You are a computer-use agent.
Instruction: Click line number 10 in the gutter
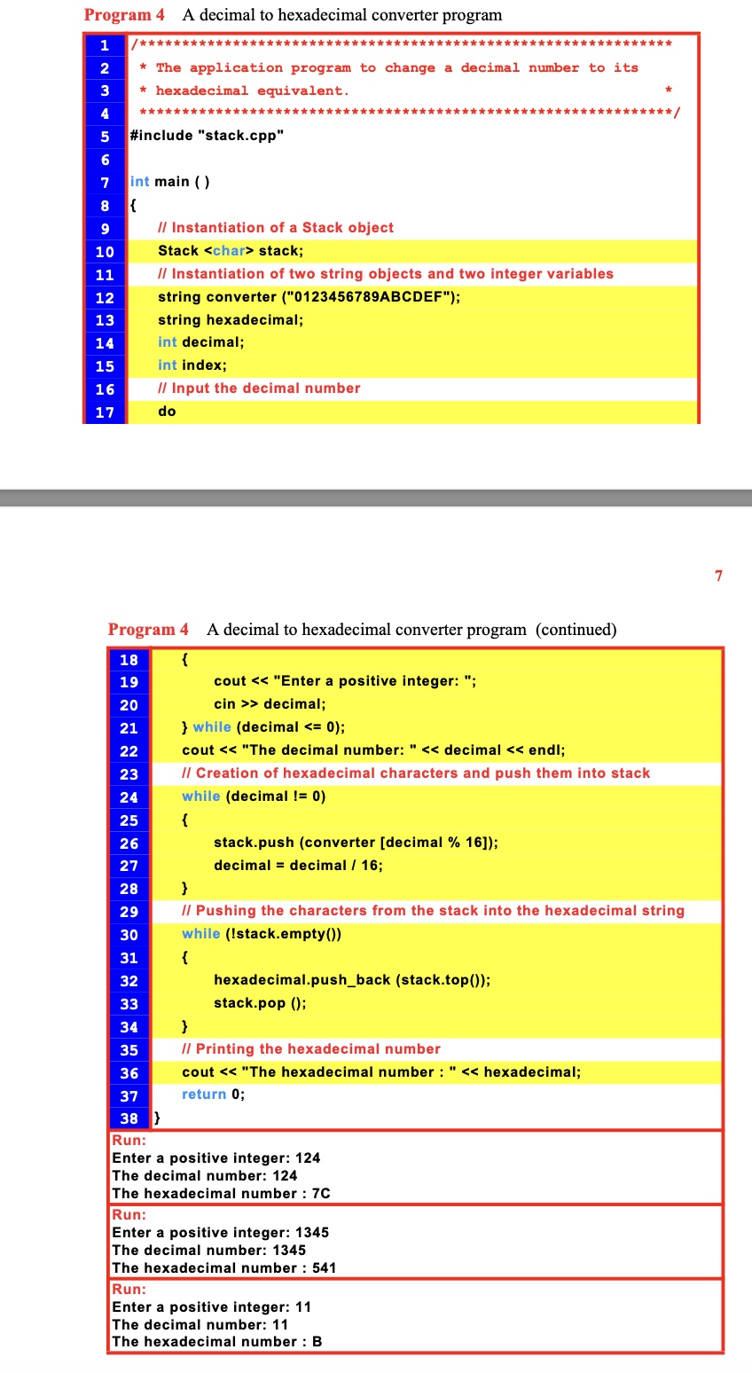pos(105,251)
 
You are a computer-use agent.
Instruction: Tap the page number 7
pos(718,576)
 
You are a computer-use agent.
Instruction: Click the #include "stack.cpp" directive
pos(207,136)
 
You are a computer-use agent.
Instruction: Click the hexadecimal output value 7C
pos(321,1194)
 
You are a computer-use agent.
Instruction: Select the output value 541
pos(324,1268)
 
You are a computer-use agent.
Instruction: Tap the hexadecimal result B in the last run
pos(317,1342)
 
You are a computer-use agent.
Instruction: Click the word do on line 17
pos(167,412)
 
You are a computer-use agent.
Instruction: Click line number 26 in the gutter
pos(129,843)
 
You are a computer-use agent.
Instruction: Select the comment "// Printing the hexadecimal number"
pos(310,1049)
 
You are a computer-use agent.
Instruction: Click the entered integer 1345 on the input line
pos(311,1233)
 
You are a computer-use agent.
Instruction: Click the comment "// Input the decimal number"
pos(259,388)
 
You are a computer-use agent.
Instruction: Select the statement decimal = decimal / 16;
pos(298,866)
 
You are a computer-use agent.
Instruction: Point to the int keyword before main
pos(139,182)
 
